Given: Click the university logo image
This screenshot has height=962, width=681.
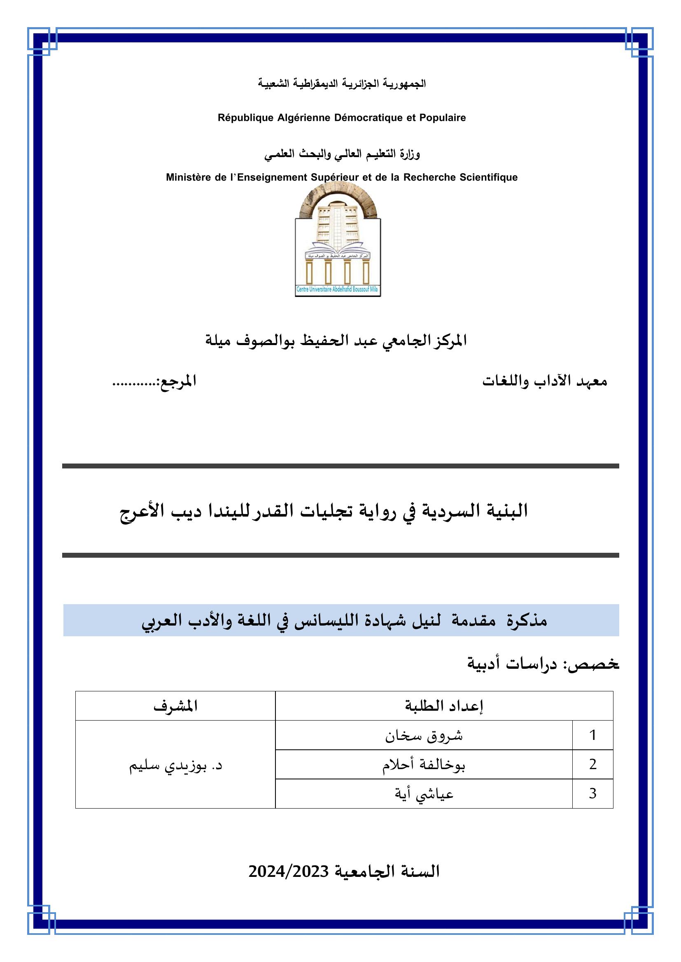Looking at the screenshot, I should click(x=338, y=241).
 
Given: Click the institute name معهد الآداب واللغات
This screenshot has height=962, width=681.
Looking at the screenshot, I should click(x=544, y=381).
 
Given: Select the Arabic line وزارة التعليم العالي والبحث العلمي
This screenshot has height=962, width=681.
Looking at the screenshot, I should click(x=342, y=154).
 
